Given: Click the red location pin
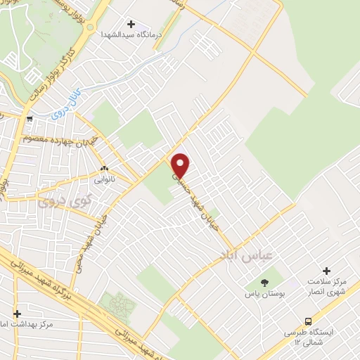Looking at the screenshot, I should click(x=181, y=165).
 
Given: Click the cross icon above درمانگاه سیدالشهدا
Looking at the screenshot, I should click(x=131, y=24).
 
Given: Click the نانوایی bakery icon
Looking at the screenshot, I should click(x=105, y=169).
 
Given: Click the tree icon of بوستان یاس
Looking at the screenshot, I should click(x=264, y=282).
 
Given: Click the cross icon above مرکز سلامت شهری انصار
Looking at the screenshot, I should click(x=326, y=271).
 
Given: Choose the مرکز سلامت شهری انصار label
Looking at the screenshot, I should click(x=326, y=287).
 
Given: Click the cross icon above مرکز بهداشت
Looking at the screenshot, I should click(x=17, y=314).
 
